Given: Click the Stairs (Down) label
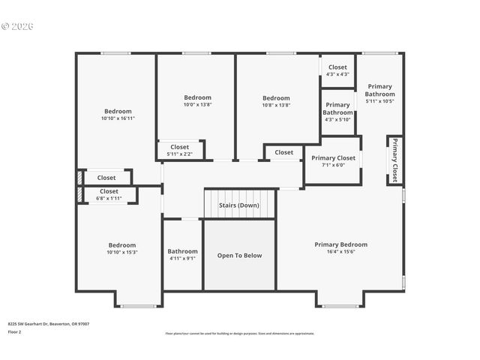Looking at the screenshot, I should point(239,205).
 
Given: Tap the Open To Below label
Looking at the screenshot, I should point(239,256).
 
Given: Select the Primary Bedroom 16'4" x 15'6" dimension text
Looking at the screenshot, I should point(340,253).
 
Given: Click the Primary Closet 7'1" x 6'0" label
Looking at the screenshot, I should point(333,161).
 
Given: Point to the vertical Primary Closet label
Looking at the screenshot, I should point(394,160).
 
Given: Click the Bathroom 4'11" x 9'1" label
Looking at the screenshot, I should point(182,255).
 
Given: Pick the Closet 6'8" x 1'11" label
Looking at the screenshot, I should point(109,195).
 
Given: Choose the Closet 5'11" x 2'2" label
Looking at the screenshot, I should point(179,150).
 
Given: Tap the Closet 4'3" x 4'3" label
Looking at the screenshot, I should point(337,70).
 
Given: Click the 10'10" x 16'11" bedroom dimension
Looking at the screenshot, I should point(118,118).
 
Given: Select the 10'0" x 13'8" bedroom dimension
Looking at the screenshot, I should point(197,105).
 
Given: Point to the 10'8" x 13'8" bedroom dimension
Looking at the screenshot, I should point(276,105).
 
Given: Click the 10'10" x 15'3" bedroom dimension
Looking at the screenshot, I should point(121,252).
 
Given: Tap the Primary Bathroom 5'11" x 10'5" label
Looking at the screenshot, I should point(379,93).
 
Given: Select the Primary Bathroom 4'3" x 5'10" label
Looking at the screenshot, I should point(337,112).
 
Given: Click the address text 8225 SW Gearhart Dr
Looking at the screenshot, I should point(49,323).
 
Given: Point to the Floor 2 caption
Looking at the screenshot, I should point(14,331).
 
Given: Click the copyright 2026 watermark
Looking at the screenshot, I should point(18,26).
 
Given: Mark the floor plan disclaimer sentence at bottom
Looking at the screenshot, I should point(239,333).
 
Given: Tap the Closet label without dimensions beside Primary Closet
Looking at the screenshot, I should point(283,152).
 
